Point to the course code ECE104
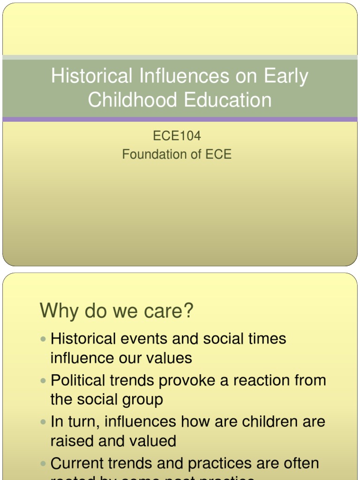coord(177,136)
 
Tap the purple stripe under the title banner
coord(180,120)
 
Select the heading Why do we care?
coord(117,311)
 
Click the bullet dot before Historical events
coord(44,338)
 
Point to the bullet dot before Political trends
coord(44,380)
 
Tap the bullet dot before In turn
coord(44,421)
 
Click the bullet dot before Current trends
coord(44,463)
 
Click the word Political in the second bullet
coord(79,380)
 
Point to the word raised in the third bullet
coord(73,441)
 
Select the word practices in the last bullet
coord(220,464)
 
